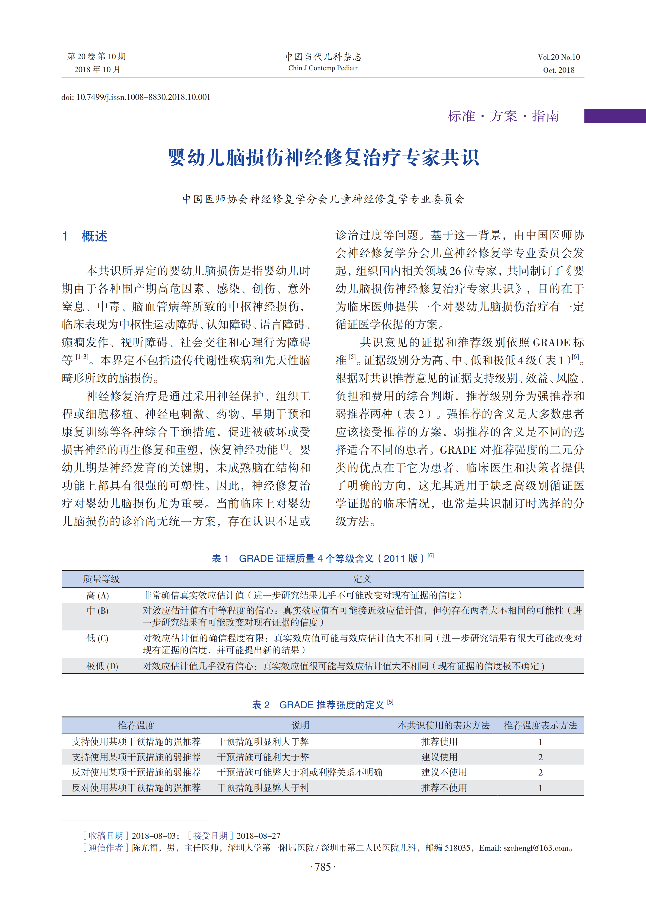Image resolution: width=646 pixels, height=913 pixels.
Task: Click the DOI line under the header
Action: point(136,97)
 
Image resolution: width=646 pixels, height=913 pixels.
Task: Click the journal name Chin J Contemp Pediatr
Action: point(323,68)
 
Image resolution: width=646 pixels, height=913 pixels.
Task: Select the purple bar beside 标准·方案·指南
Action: point(615,116)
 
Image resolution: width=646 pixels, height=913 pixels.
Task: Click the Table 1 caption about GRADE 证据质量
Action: point(323,558)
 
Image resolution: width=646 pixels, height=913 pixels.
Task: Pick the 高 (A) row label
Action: point(97,595)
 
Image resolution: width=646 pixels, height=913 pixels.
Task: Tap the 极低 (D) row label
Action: point(102,666)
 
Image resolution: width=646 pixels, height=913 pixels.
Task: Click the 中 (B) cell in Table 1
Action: point(97,611)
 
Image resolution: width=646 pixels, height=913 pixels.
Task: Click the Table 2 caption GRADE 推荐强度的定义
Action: point(323,705)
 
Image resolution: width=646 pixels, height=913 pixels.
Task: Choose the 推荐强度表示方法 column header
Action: point(540,725)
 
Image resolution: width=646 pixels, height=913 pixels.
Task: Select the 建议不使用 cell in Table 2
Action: point(444,772)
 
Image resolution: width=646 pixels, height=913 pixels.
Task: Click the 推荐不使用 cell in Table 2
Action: point(444,788)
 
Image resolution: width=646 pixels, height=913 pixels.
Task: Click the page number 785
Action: point(323,867)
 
